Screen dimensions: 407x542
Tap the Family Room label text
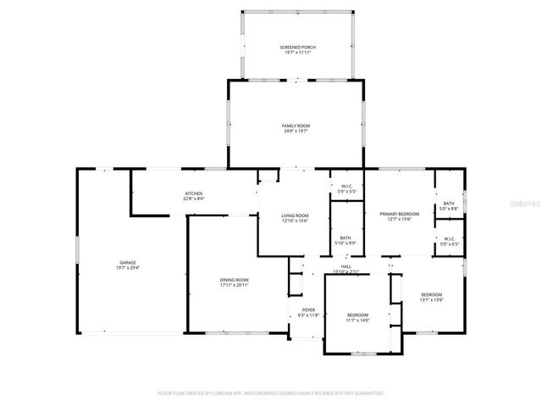(x=296, y=125)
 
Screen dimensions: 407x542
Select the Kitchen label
(x=194, y=193)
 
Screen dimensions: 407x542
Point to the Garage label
(x=127, y=262)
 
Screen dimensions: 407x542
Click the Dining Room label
(x=234, y=280)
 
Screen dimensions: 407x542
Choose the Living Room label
(x=296, y=215)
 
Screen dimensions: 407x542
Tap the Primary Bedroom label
(x=395, y=214)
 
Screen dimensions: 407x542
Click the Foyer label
(x=308, y=310)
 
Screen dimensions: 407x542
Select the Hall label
(x=346, y=266)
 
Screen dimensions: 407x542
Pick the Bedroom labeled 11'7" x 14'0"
(x=357, y=315)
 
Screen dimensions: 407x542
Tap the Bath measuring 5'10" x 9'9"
(x=346, y=237)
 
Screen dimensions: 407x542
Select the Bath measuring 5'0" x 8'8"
(x=448, y=203)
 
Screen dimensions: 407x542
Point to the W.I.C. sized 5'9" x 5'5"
(x=346, y=187)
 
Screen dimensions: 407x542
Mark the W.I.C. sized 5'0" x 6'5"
(x=449, y=239)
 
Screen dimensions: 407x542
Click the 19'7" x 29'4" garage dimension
(x=127, y=267)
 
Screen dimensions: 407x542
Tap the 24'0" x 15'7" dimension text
(x=296, y=131)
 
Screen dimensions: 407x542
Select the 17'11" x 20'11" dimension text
(x=234, y=285)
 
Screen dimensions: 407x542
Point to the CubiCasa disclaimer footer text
(x=271, y=393)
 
